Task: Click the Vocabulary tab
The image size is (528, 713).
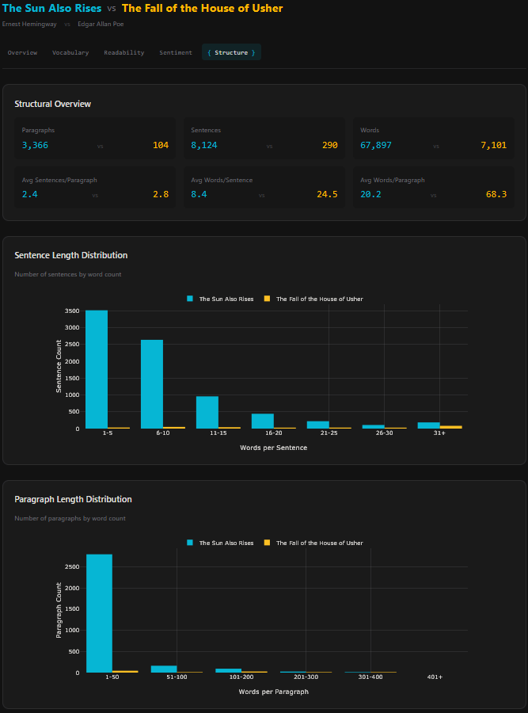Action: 70,52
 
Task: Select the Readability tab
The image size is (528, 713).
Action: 123,52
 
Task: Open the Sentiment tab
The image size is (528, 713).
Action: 176,52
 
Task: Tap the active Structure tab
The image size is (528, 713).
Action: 231,52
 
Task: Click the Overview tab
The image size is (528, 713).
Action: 22,52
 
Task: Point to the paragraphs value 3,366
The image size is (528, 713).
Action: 35,145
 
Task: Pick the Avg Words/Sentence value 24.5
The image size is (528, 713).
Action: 327,194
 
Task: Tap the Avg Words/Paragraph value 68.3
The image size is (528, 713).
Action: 496,194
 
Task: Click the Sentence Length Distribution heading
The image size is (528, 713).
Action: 71,255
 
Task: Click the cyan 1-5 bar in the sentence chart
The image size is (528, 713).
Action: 97,369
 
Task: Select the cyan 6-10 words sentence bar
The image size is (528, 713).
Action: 152,384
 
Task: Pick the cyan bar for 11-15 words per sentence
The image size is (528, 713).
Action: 207,412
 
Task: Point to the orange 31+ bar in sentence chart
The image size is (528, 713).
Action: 450,426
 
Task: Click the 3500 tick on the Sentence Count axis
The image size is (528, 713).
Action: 72,311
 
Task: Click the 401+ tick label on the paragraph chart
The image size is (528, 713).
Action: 435,677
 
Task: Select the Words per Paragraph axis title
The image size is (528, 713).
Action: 273,692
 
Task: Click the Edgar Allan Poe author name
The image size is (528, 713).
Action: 101,24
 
